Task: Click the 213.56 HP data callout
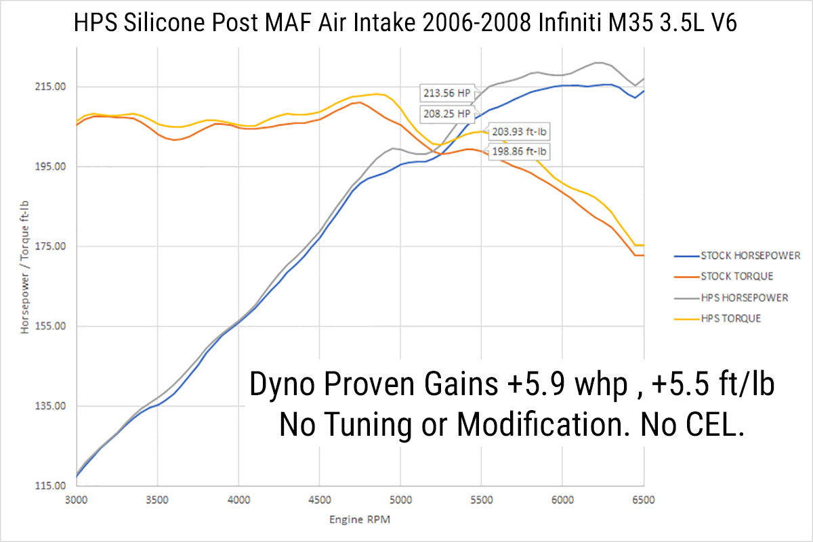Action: click(x=445, y=92)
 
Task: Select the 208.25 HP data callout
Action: click(x=445, y=113)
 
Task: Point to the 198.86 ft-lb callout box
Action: click(x=519, y=152)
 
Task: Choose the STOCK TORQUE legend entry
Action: click(x=736, y=276)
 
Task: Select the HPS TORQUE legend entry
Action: click(x=730, y=318)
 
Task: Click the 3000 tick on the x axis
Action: click(x=77, y=501)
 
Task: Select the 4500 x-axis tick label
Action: click(x=319, y=501)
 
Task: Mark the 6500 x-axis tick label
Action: click(x=643, y=501)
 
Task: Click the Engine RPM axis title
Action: click(x=360, y=520)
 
